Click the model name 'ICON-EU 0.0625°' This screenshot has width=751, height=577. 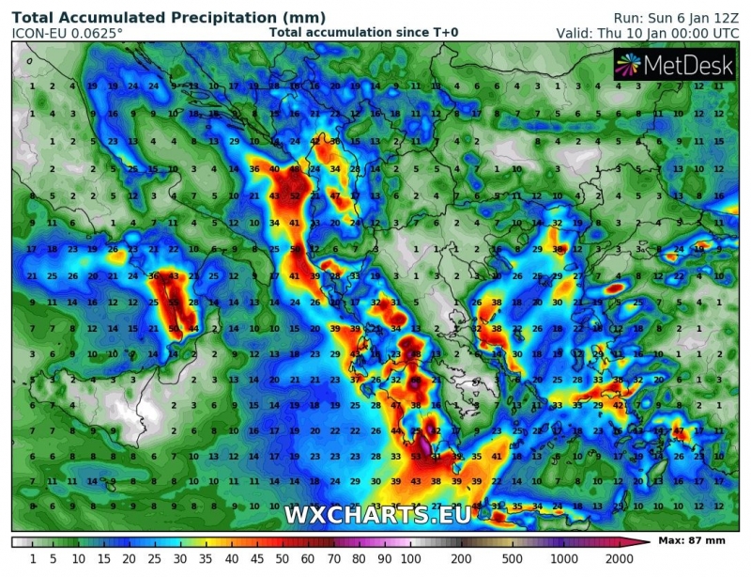[67, 33]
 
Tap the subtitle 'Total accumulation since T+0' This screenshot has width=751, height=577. [363, 32]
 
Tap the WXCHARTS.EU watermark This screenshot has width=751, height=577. [377, 514]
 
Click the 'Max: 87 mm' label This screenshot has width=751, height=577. [696, 541]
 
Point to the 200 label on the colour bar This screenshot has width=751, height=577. [461, 559]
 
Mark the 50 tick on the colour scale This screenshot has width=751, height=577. [276, 559]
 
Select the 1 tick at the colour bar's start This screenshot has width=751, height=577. [32, 559]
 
